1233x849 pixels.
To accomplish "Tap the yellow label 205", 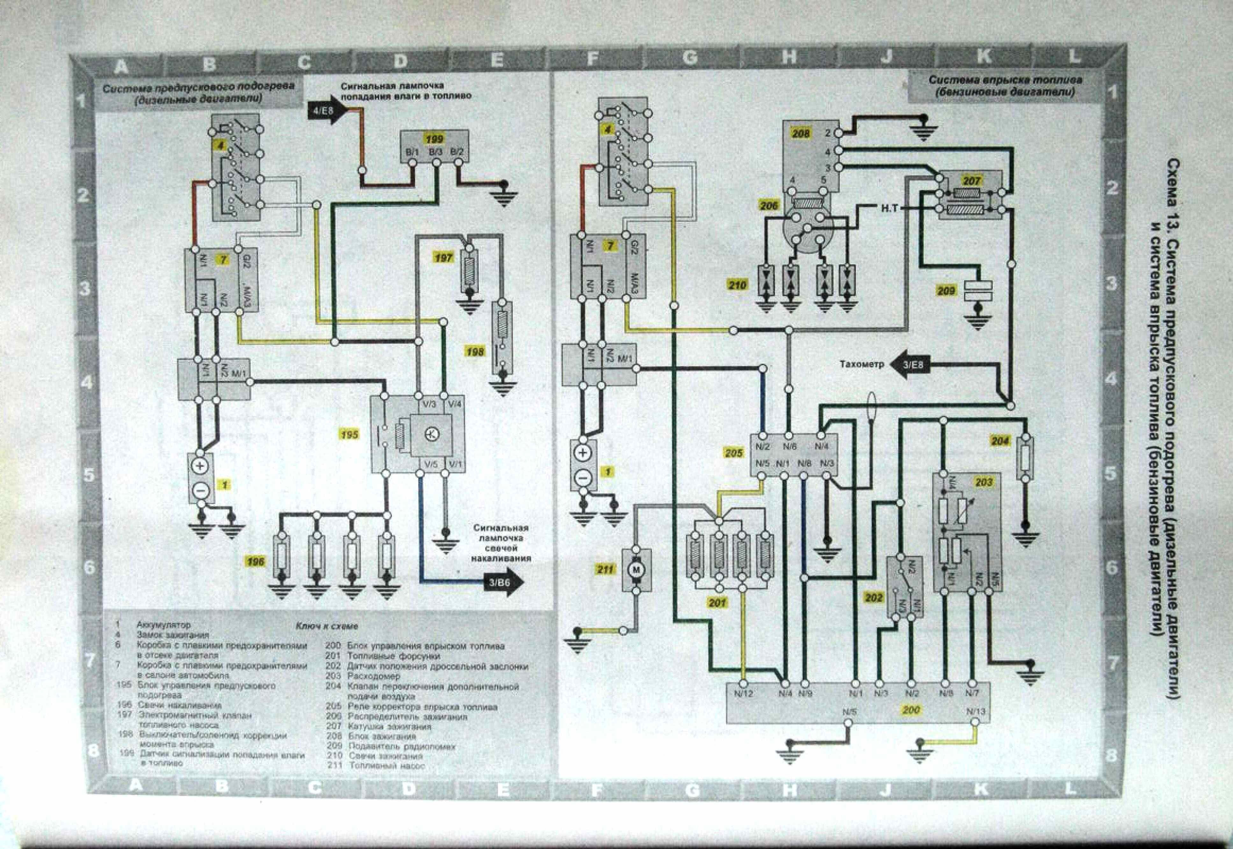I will (x=733, y=453).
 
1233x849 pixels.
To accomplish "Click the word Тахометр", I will (x=862, y=364).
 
